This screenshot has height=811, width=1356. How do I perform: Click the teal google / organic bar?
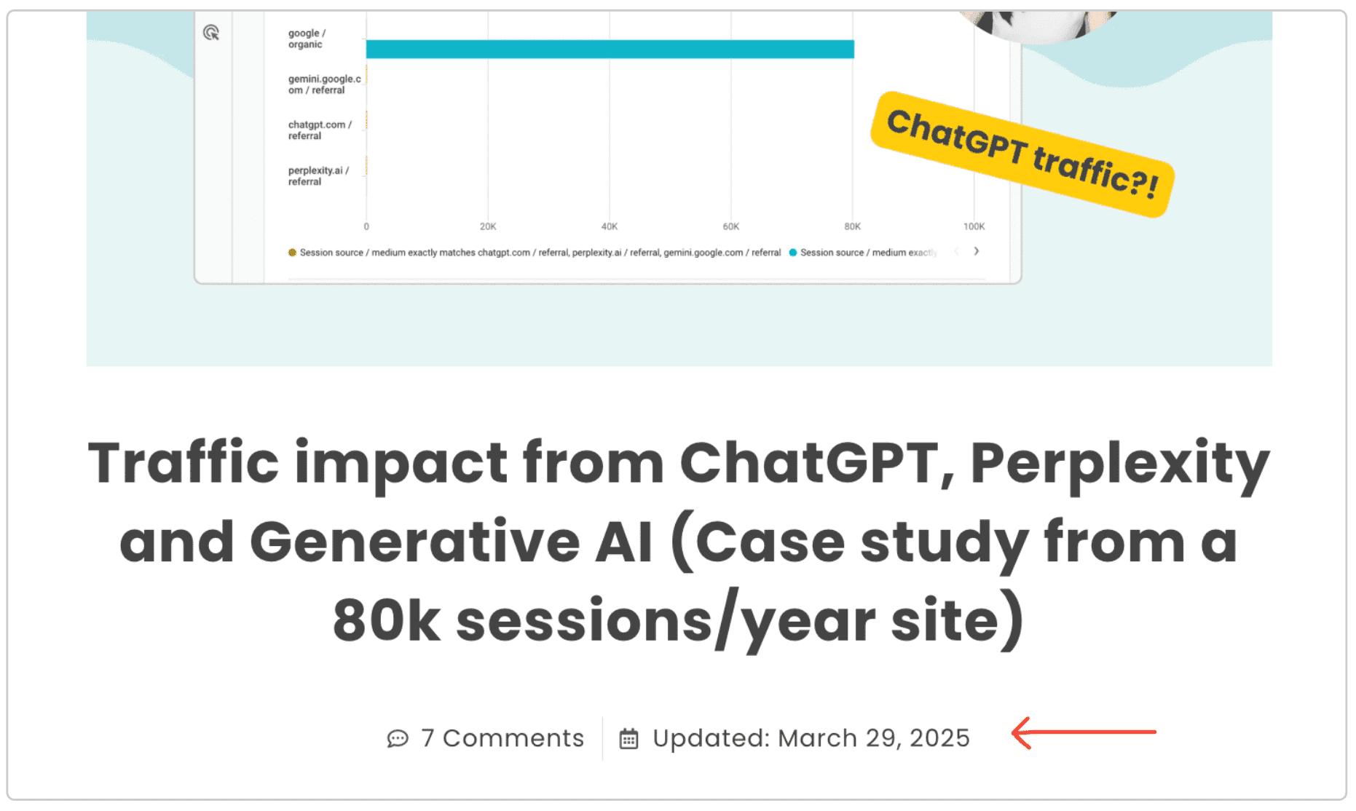pos(610,49)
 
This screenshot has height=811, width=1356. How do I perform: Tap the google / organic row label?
pos(307,39)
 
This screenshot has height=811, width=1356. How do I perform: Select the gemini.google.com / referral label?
pos(324,84)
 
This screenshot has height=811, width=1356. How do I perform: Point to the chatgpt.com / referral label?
pos(319,130)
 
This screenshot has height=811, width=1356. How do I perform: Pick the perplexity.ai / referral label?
pos(318,176)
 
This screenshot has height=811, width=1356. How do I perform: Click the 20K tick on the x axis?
pos(488,226)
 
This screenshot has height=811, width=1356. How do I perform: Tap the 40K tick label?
pos(610,226)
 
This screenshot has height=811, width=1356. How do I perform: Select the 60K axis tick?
pos(731,226)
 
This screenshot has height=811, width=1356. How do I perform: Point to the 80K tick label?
pos(852,226)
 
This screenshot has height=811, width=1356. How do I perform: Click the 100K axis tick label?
pos(974,226)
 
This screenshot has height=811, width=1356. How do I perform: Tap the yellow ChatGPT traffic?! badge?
pos(1022,154)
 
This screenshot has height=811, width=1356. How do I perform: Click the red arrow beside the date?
pos(1084,732)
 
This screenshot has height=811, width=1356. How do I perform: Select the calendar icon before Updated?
pos(628,739)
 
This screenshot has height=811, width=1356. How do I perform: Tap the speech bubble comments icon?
pos(398,739)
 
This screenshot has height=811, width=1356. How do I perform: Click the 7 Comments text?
pos(502,738)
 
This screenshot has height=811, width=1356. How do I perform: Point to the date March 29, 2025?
pos(874,738)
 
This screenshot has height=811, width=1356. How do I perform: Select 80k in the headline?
pos(387,621)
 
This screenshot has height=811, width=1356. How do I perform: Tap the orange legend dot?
pos(292,253)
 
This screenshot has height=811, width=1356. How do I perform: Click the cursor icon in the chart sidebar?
pos(211,33)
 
